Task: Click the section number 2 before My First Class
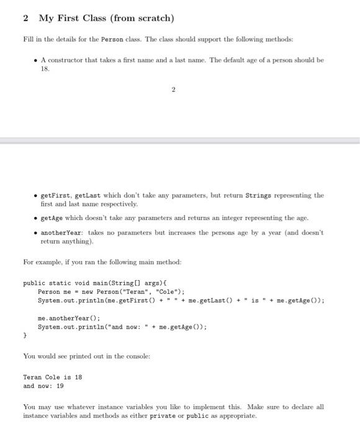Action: pyautogui.click(x=25, y=18)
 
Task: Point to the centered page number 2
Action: pyautogui.click(x=174, y=90)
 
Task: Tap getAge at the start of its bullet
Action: pyautogui.click(x=51, y=218)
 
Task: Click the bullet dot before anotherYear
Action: pyautogui.click(x=36, y=232)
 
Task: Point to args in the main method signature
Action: pyautogui.click(x=153, y=283)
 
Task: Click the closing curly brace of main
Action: pyautogui.click(x=25, y=335)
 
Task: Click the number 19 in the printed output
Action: pyautogui.click(x=60, y=385)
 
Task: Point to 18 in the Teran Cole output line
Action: pyautogui.click(x=78, y=376)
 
